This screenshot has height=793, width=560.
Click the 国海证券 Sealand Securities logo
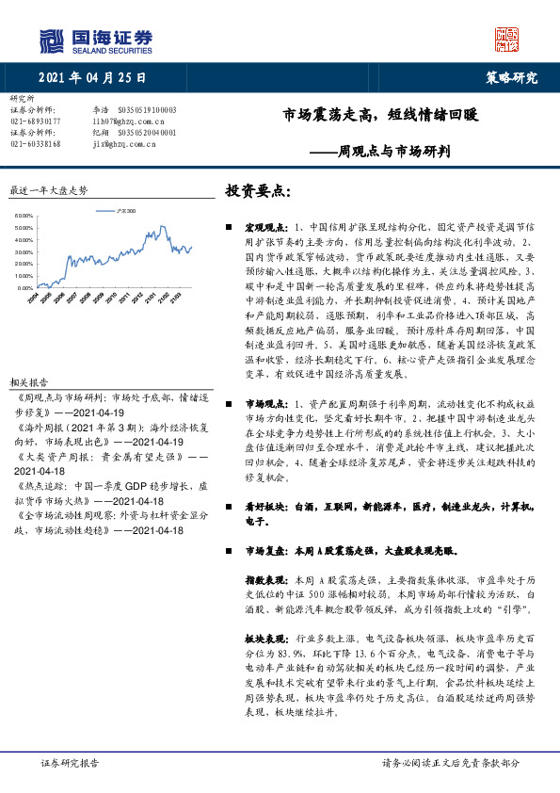click(95, 40)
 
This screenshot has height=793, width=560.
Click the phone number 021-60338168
click(35, 144)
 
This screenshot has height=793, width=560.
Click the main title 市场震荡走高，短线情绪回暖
click(381, 116)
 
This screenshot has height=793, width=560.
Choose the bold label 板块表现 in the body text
click(264, 639)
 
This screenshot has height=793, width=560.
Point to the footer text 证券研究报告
click(70, 763)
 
